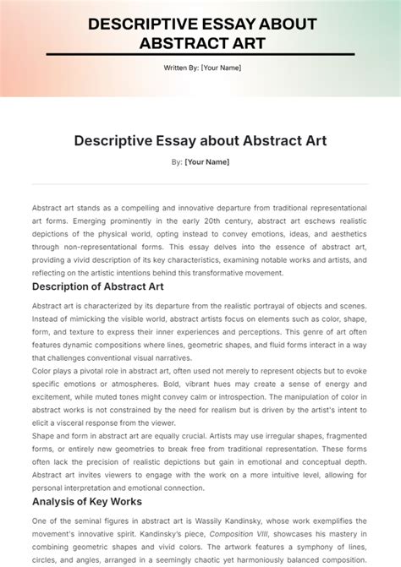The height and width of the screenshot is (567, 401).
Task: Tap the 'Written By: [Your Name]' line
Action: tap(200, 68)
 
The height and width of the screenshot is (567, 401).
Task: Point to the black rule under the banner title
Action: tap(200, 56)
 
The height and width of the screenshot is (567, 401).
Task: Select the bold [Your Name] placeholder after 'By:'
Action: tap(207, 161)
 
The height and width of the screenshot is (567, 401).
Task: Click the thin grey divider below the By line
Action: tap(200, 183)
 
